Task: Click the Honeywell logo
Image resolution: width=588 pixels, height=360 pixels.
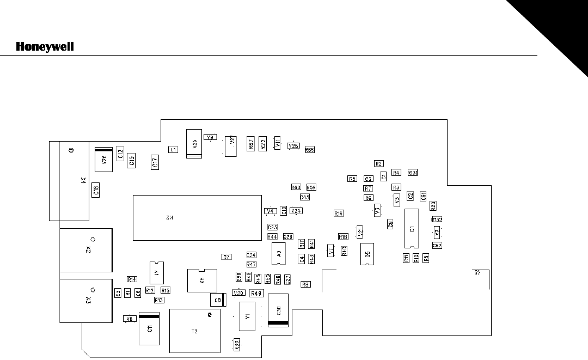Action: click(x=45, y=47)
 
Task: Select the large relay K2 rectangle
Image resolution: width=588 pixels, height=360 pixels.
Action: click(x=197, y=217)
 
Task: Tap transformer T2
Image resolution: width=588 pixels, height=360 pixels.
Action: click(x=195, y=330)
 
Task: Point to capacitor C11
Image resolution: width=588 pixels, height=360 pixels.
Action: click(x=149, y=328)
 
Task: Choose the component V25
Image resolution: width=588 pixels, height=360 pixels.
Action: click(x=194, y=143)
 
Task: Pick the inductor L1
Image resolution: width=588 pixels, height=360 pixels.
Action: click(x=173, y=149)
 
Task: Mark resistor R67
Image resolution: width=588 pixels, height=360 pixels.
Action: click(x=251, y=144)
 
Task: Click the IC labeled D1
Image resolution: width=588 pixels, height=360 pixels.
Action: click(x=412, y=229)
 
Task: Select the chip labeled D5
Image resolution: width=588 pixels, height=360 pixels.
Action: click(x=367, y=254)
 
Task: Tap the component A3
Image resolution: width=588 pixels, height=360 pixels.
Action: click(x=278, y=253)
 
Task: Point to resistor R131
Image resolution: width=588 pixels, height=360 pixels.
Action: click(x=413, y=173)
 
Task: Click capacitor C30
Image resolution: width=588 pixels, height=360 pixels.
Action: click(x=278, y=310)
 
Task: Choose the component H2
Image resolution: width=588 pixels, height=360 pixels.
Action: click(x=200, y=280)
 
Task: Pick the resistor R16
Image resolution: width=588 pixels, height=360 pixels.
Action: click(x=339, y=213)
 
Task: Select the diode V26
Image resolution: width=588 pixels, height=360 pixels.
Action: click(x=103, y=159)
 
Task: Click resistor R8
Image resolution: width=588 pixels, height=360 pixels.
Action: click(x=305, y=284)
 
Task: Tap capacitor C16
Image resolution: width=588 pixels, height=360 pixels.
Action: click(x=96, y=189)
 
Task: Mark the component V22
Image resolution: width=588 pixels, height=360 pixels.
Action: click(x=236, y=344)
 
